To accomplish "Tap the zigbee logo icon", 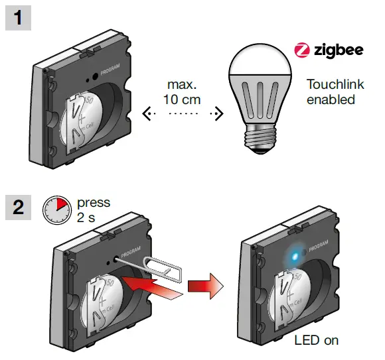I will click(301, 50).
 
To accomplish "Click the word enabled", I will click(331, 100).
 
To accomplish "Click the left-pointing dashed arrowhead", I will click(147, 115).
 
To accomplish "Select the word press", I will click(94, 202).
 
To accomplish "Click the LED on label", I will click(317, 341).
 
